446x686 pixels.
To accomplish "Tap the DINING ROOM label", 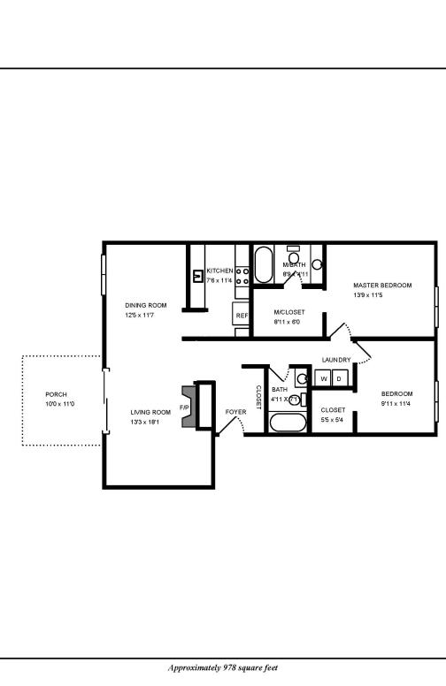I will [145, 305].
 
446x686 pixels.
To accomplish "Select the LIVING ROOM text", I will [150, 412].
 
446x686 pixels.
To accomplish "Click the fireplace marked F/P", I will [186, 407].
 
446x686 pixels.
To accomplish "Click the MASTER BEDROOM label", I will [382, 285].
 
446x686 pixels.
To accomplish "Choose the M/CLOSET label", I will [289, 312].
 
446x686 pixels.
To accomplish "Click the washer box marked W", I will [323, 378].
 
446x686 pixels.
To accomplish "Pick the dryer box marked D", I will [339, 378].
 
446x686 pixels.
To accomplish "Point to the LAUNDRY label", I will [336, 360].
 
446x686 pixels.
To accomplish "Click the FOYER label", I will [235, 412].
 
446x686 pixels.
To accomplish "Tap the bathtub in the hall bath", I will [287, 422].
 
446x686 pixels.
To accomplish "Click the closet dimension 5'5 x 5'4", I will [333, 420].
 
